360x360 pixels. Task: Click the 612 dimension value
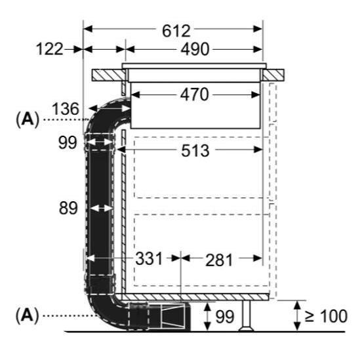[x=176, y=31]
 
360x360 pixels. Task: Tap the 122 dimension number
[x=50, y=49]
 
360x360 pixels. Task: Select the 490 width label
[x=195, y=49]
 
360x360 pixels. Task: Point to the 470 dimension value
[x=195, y=94]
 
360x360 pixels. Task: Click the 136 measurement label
[x=66, y=109]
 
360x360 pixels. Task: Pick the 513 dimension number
[x=195, y=151]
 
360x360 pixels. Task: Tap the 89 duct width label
[x=68, y=208]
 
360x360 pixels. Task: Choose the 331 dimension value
[x=150, y=258]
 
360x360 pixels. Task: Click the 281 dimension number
[x=219, y=260]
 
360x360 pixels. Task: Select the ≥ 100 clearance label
[x=326, y=316]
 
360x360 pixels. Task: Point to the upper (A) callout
[x=28, y=119]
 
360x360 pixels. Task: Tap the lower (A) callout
[x=27, y=315]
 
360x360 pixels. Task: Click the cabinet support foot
[x=247, y=315]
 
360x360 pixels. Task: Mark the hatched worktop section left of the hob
[x=109, y=75]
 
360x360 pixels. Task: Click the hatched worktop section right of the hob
[x=273, y=75]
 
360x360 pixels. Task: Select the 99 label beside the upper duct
[x=68, y=142]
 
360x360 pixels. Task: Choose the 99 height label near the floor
[x=225, y=317]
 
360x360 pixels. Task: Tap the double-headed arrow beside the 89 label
[x=101, y=209]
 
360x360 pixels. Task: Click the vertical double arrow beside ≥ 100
[x=298, y=316]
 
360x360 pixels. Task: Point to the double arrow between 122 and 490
[x=104, y=49]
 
